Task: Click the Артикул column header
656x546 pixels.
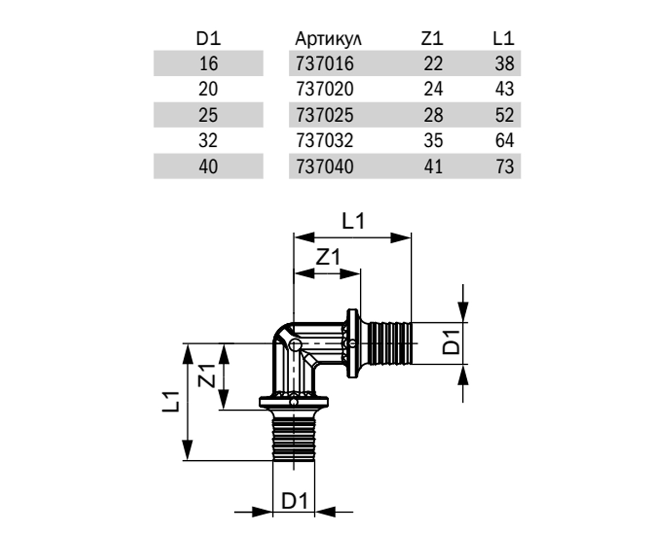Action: click(x=329, y=39)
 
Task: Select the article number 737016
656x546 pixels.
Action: click(x=325, y=63)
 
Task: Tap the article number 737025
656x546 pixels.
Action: click(x=325, y=115)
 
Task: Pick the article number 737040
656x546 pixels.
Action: click(x=325, y=167)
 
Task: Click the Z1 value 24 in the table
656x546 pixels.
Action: click(x=434, y=89)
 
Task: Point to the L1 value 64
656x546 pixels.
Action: click(x=505, y=140)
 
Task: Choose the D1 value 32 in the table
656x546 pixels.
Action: click(x=208, y=140)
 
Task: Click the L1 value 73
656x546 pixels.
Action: click(x=505, y=167)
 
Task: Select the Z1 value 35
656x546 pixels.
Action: click(x=434, y=140)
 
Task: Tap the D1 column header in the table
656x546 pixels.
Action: click(x=208, y=39)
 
